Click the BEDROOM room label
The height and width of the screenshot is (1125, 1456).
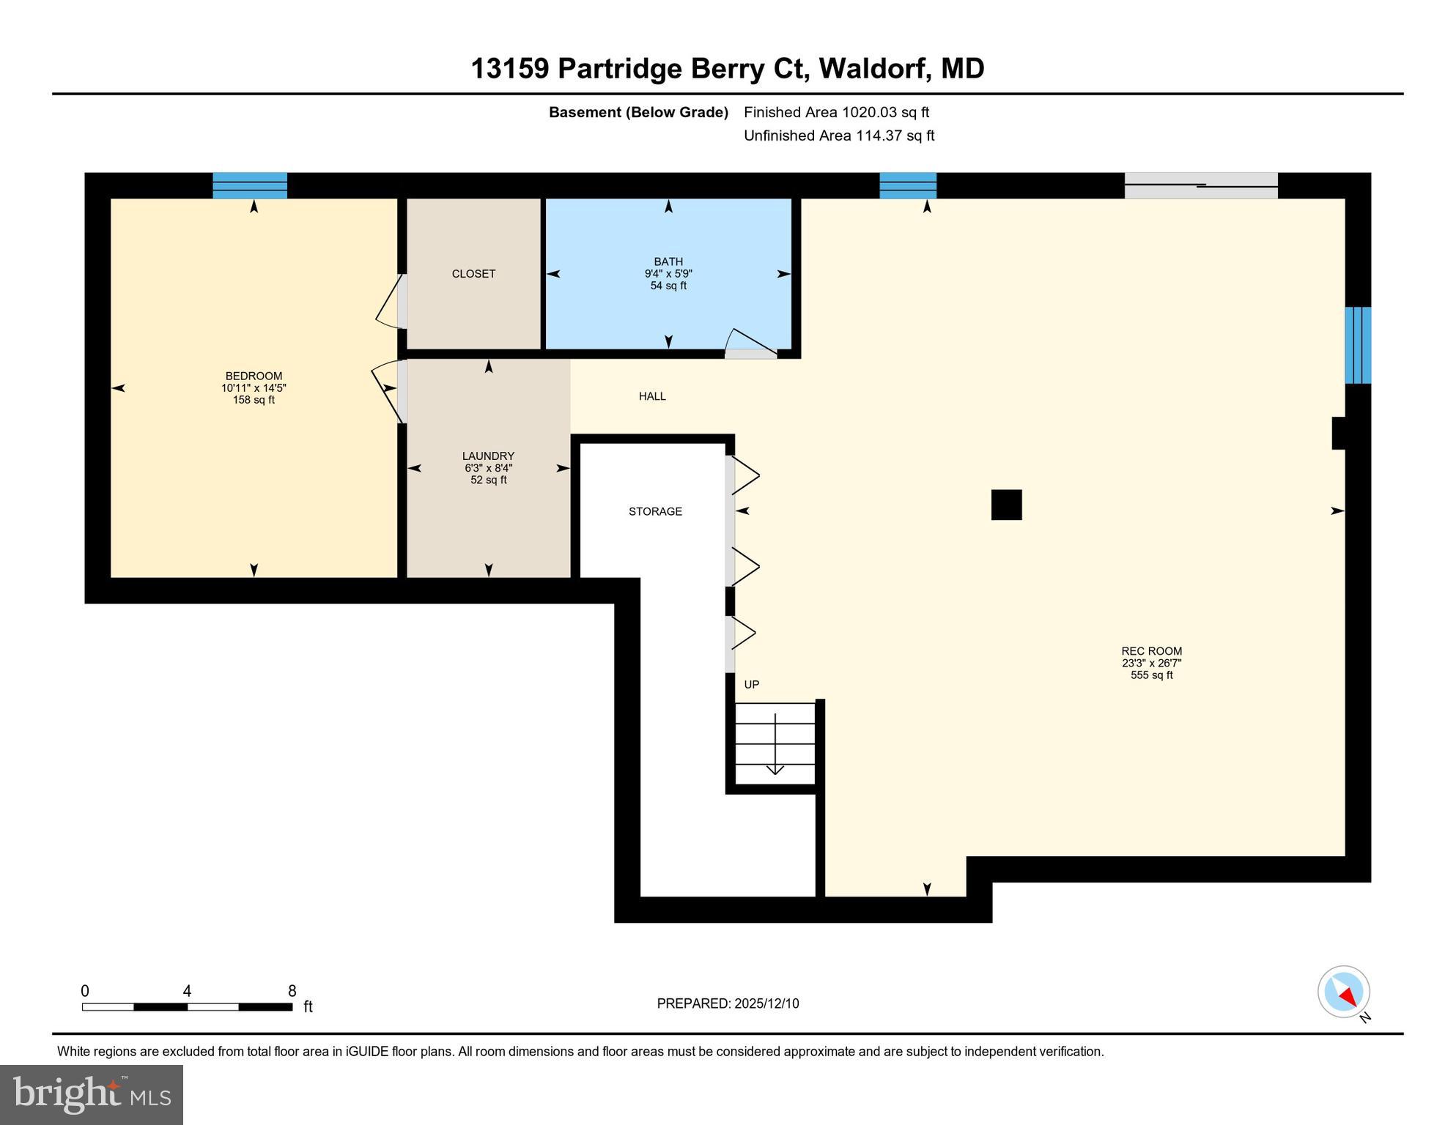254,376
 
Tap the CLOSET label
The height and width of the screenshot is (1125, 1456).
473,274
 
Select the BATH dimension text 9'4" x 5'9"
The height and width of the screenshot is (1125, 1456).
668,274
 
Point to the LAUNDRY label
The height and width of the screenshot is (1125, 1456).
488,456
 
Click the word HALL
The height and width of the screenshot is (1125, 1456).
652,396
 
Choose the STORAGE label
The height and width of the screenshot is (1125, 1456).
655,511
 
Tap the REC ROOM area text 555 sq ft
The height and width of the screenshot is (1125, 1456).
1151,675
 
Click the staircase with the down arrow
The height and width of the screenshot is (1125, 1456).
775,743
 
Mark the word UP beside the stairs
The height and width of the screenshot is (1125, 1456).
752,685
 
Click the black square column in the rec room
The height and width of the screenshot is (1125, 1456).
1006,505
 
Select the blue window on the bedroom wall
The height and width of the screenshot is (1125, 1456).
250,186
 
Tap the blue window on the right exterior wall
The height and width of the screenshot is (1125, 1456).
1358,345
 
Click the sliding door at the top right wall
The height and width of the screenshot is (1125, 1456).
1201,186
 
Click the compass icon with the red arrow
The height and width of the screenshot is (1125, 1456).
1344,992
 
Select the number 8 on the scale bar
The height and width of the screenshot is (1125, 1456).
292,991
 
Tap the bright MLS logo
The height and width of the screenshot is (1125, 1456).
92,1095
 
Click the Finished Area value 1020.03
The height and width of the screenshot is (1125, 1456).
869,112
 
